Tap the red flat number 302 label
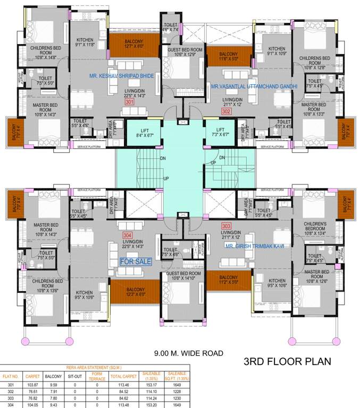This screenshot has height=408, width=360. (x=226, y=111)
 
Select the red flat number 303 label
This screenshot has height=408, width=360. (x=226, y=226)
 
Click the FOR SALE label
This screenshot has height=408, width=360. (x=136, y=261)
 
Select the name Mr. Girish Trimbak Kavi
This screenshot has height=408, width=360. (x=244, y=246)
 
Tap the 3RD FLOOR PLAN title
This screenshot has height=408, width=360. (x=287, y=362)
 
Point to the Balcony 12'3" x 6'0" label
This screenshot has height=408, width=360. (x=136, y=293)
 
